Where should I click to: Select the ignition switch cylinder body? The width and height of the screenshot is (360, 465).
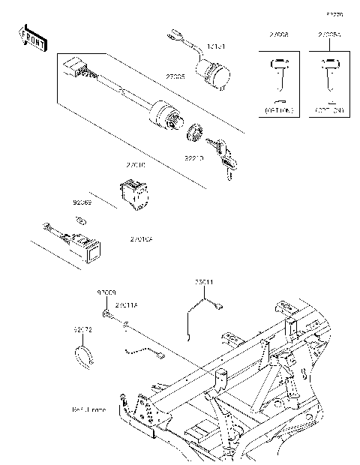164,115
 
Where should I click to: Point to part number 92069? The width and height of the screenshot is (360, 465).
82,202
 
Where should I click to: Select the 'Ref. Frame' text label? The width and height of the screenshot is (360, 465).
88,410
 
